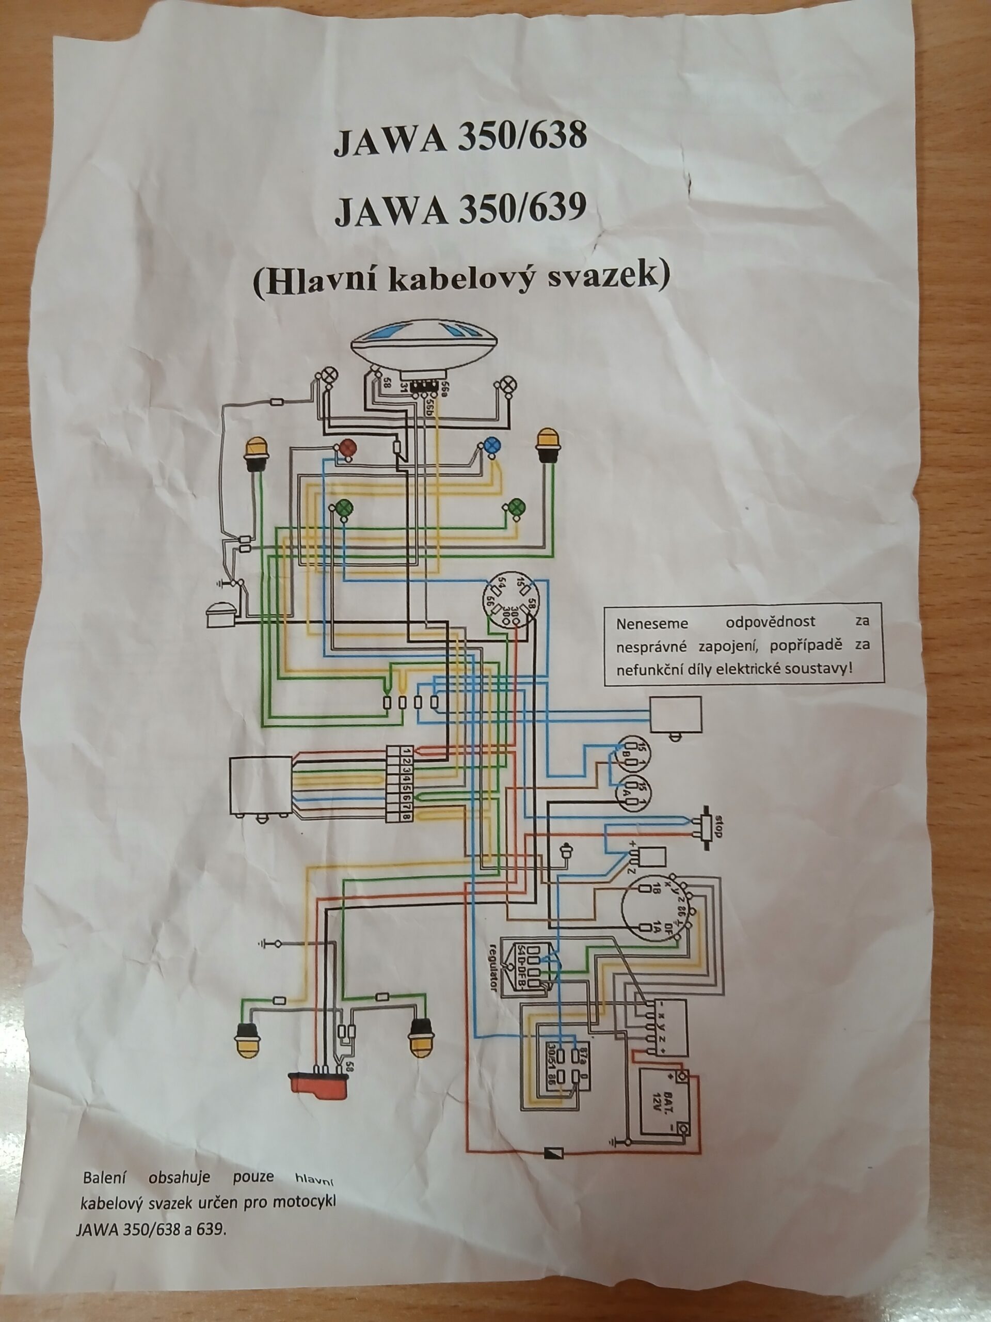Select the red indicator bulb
tap(347, 446)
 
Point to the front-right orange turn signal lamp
tap(547, 444)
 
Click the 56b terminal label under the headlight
tap(430, 405)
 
